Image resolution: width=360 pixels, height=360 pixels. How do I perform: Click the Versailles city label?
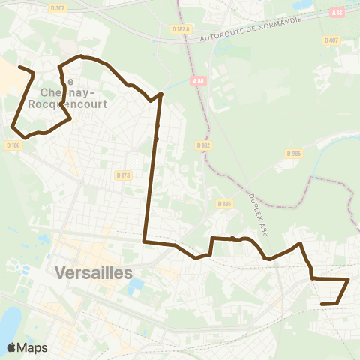[x=93, y=271]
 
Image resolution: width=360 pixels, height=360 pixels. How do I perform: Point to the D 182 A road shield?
[x=181, y=28]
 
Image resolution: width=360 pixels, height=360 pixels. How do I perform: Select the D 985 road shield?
[x=293, y=154]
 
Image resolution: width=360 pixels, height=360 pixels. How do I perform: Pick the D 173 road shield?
[x=124, y=175]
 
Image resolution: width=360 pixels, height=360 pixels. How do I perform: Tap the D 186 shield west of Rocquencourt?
[x=14, y=145]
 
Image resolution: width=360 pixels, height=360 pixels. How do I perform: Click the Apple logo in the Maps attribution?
[x=11, y=347]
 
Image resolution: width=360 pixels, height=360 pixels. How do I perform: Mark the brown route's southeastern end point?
[x=322, y=304]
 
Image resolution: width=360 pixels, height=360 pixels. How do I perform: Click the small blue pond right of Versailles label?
[x=136, y=286]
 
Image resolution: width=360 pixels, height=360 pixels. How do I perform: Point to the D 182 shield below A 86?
[x=202, y=145]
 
